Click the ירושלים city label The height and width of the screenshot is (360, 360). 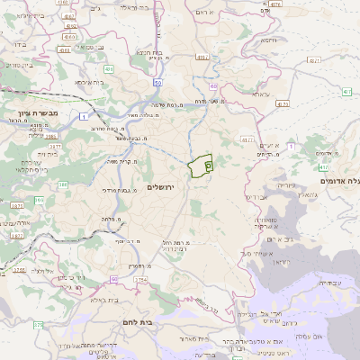point(163,186)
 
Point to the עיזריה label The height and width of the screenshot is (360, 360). point(286,184)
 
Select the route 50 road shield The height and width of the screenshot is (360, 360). point(157,83)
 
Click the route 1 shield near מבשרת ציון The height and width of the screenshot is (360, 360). point(84,117)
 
